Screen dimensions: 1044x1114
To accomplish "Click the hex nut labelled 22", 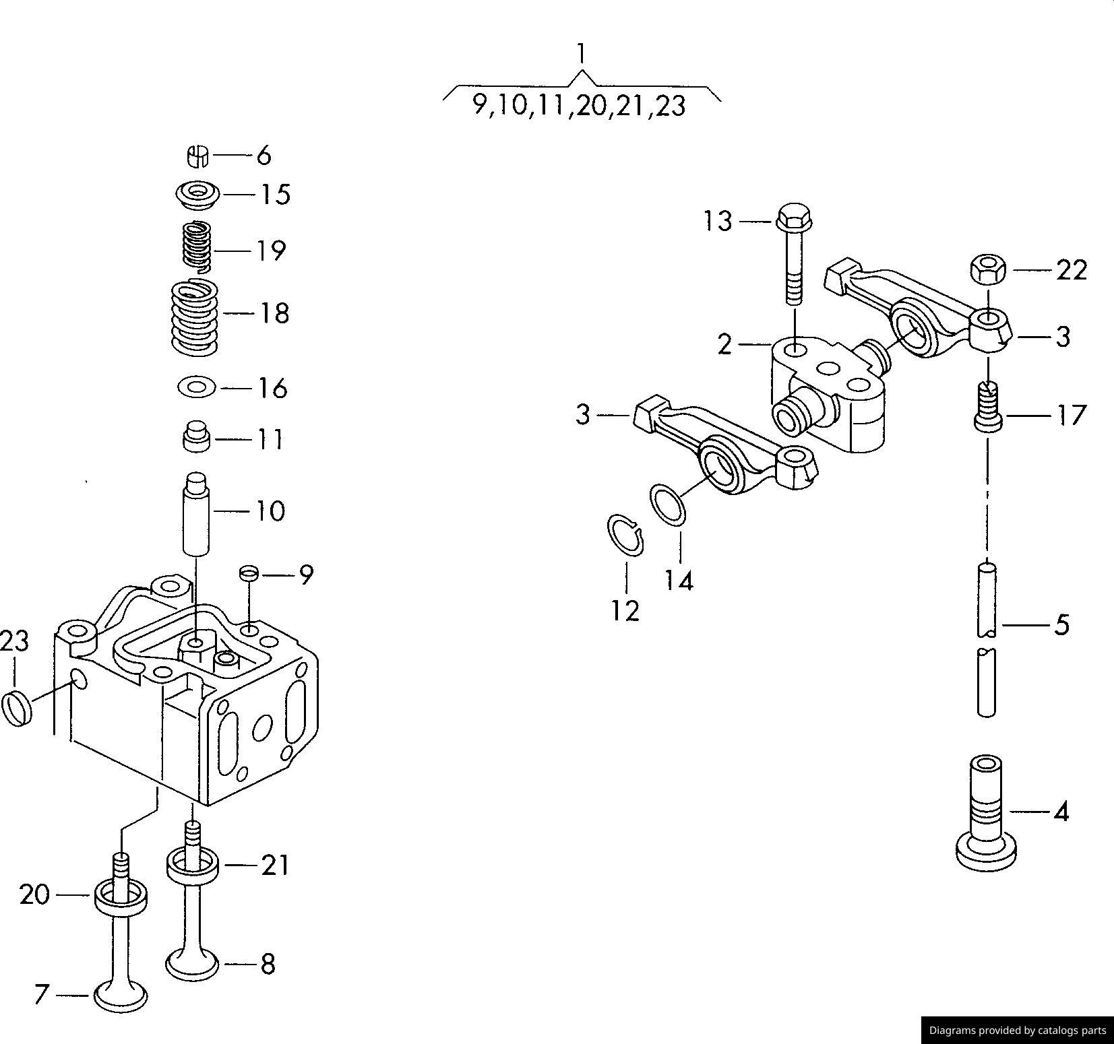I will [x=988, y=269].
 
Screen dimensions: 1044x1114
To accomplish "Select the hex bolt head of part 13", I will [x=795, y=217].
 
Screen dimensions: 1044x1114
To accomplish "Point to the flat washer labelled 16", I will [x=196, y=387].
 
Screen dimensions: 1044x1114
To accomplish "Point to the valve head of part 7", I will [x=121, y=995].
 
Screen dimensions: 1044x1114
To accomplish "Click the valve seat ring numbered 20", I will [x=121, y=896].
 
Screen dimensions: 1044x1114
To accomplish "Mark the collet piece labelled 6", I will [x=197, y=156].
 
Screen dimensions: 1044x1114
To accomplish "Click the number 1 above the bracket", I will [x=581, y=53].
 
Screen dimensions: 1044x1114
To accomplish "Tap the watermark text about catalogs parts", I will [x=1017, y=1030].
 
